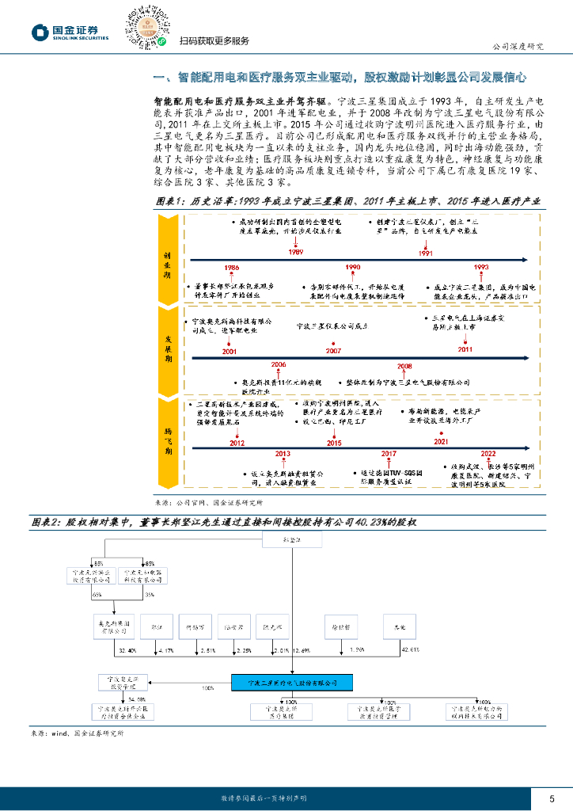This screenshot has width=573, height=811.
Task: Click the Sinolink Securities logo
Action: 70,31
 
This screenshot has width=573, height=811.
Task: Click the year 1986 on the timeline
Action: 232,268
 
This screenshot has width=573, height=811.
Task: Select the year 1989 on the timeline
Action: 295,252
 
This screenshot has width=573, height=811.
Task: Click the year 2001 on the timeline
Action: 230,350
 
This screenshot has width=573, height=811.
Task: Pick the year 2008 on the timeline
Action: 404,367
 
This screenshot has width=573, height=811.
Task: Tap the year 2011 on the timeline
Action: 465,348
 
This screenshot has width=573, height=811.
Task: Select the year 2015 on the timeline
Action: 334,444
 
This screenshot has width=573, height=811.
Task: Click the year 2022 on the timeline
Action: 488,454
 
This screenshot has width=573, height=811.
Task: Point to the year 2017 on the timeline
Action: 389,454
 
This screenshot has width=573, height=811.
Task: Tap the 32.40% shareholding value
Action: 127,650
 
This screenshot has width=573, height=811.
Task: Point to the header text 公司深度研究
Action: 518,46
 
